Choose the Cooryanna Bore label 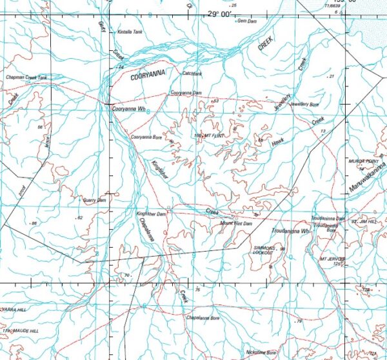tap(146, 137)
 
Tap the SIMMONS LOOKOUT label tap(268, 250)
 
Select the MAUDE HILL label tap(26, 330)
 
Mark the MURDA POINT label tap(362, 161)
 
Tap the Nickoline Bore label tap(261, 352)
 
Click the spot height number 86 tap(34, 223)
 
